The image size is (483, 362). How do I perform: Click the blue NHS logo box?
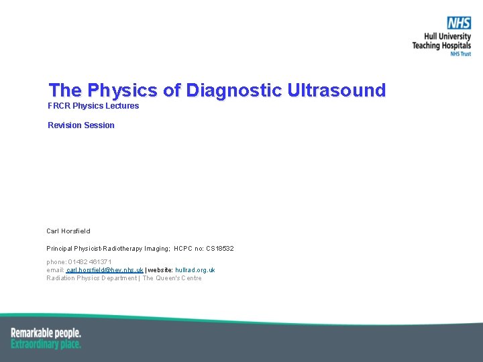point(460,23)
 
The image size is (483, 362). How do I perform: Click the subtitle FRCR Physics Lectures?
point(93,106)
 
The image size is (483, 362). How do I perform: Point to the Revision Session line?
point(81,125)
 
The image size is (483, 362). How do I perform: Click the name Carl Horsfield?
point(68,231)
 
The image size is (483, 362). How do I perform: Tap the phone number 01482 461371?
point(89,262)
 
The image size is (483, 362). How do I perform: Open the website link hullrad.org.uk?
point(195,270)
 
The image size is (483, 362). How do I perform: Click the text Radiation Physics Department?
point(91,278)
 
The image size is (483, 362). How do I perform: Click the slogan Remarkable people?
point(46,333)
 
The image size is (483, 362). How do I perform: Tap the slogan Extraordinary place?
point(46,344)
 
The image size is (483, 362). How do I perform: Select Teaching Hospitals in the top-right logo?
point(441,46)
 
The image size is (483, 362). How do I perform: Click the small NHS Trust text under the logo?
point(460,54)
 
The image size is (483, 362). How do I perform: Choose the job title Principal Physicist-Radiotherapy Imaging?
point(108,249)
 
